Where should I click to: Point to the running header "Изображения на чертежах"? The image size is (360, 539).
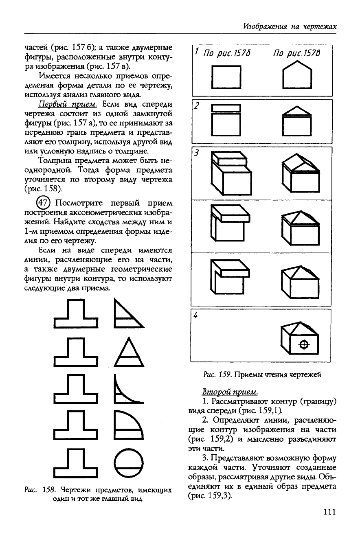pos(290,26)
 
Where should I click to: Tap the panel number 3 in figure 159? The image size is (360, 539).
pos(196,153)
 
